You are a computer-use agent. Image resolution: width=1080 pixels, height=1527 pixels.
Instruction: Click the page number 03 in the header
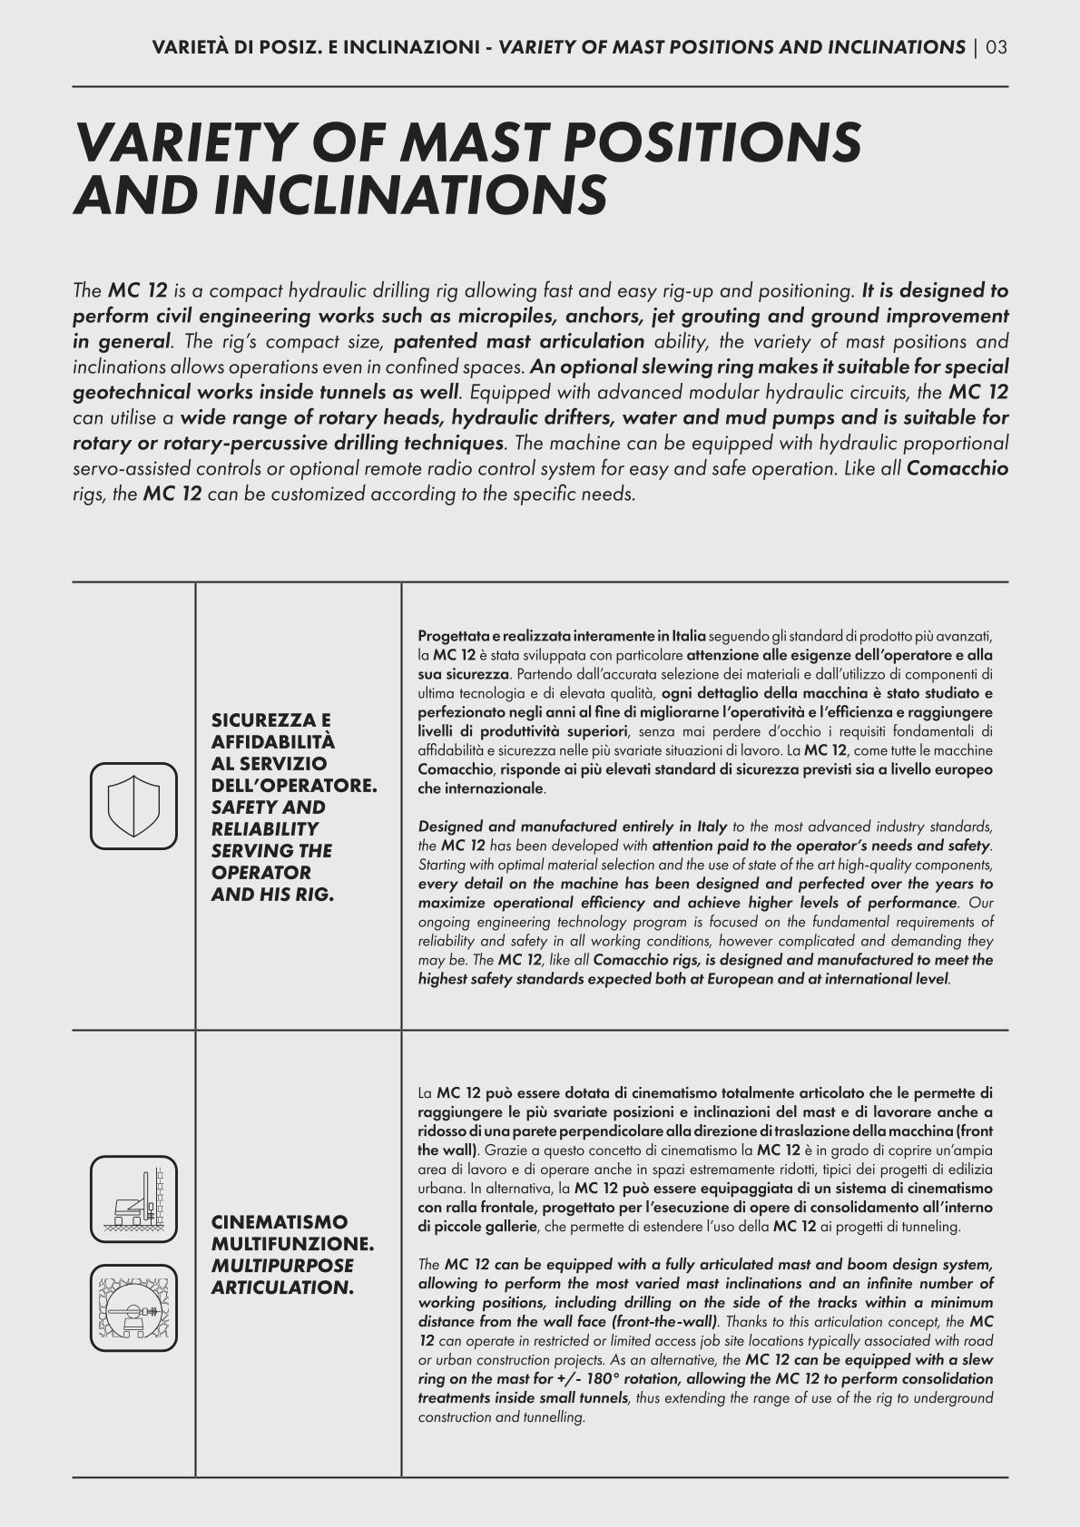click(997, 47)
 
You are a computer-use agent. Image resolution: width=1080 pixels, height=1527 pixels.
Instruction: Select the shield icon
click(133, 806)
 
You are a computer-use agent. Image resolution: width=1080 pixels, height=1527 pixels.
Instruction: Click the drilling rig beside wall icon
click(133, 1199)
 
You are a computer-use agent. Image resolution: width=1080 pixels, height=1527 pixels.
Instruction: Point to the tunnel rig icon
click(133, 1307)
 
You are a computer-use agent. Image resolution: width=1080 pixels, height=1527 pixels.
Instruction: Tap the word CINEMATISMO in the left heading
click(279, 1222)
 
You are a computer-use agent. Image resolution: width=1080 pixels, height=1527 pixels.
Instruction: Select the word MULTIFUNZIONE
click(291, 1244)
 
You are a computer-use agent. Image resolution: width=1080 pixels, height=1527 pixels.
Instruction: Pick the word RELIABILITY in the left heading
click(264, 829)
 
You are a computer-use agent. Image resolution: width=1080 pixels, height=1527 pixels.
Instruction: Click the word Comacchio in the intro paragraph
click(957, 469)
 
